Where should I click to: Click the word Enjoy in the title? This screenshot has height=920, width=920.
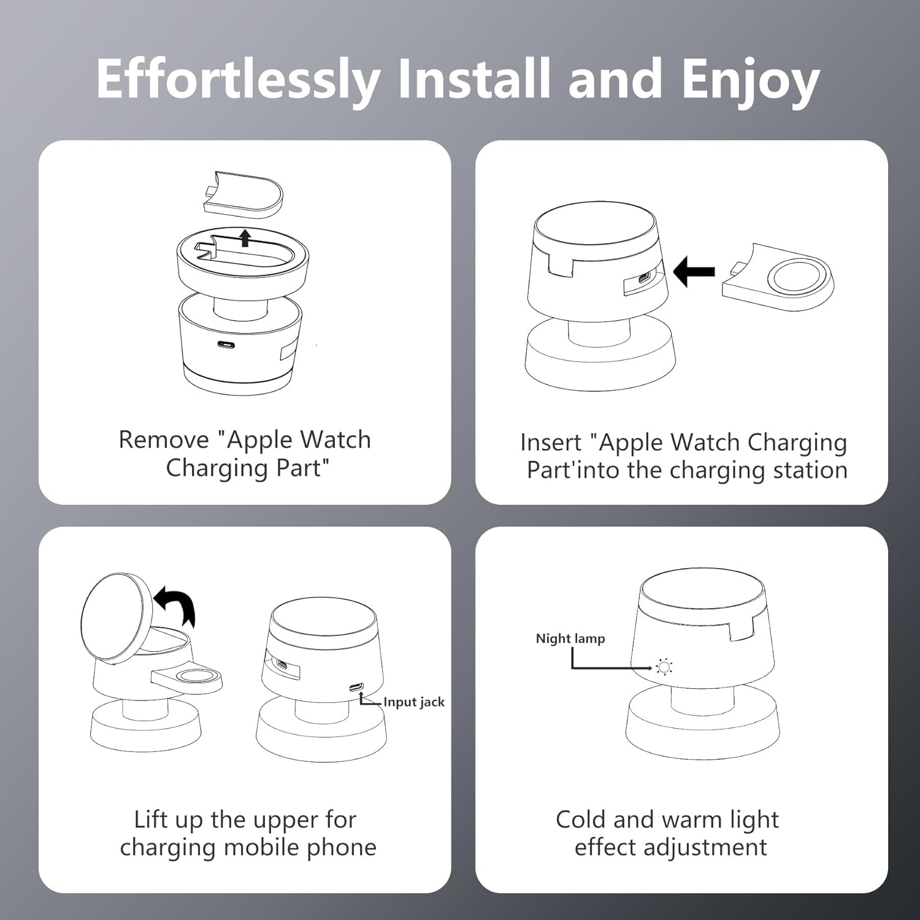click(751, 80)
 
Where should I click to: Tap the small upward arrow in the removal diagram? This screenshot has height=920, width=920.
click(245, 237)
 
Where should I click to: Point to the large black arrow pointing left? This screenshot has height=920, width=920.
click(694, 271)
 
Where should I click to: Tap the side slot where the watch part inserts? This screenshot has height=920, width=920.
click(643, 280)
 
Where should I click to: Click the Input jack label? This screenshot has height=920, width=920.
click(414, 702)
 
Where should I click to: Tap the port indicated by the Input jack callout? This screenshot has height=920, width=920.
click(356, 687)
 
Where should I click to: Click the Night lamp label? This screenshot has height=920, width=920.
click(570, 638)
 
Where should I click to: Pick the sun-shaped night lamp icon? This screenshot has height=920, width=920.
click(664, 667)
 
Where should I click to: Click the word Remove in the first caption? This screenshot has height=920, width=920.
click(164, 440)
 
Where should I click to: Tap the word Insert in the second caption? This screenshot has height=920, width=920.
click(550, 442)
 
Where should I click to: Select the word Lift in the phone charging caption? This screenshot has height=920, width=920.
click(150, 819)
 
